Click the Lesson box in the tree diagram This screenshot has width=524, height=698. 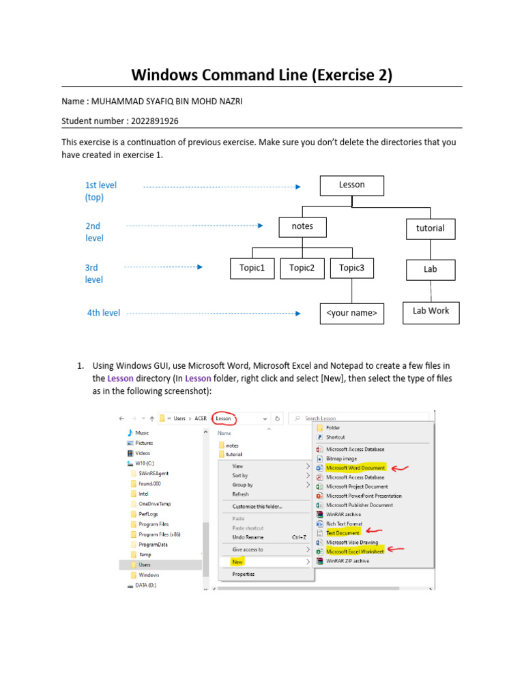click(x=351, y=185)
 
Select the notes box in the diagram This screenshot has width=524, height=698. click(x=302, y=227)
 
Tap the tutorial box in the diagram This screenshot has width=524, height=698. click(x=430, y=229)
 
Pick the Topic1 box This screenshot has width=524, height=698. click(x=251, y=269)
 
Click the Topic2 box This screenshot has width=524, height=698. click(x=302, y=269)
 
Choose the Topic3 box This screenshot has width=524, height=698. click(x=351, y=269)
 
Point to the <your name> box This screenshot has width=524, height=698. click(x=351, y=314)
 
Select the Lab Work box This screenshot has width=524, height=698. click(x=431, y=312)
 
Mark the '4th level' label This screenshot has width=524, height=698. click(x=103, y=313)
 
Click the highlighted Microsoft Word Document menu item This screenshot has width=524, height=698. click(x=355, y=468)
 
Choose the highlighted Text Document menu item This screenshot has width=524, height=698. click(x=343, y=532)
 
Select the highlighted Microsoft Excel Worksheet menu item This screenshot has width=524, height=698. click(x=355, y=551)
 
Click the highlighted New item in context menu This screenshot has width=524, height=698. click(x=237, y=562)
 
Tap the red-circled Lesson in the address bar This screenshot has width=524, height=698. click(x=224, y=418)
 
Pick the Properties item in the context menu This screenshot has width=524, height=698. click(x=244, y=575)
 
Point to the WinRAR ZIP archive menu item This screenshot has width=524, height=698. click(x=347, y=561)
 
